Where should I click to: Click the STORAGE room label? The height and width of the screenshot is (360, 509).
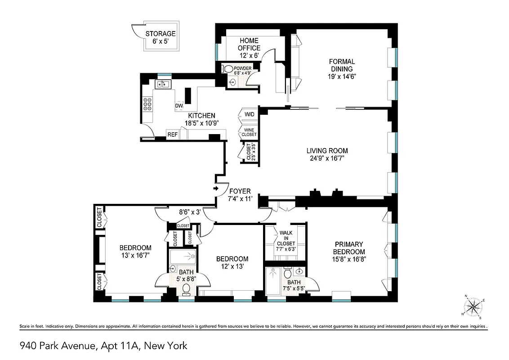tap(160, 34)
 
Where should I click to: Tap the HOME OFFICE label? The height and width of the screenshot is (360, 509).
tap(249, 44)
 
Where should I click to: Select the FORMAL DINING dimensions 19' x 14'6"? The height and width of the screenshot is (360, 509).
tap(342, 76)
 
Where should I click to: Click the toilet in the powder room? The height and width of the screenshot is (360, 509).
tap(228, 69)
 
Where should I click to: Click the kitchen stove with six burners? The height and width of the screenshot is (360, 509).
tap(147, 104)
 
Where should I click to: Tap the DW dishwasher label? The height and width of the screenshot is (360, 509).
tap(179, 106)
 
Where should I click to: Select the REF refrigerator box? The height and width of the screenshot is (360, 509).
tap(172, 135)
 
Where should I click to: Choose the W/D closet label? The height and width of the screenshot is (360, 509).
tap(249, 114)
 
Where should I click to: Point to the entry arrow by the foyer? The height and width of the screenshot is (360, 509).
tap(216, 189)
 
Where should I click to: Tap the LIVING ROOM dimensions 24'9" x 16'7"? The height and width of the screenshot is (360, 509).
tap(327, 158)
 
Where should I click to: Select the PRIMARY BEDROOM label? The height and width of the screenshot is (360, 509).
tap(349, 248)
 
